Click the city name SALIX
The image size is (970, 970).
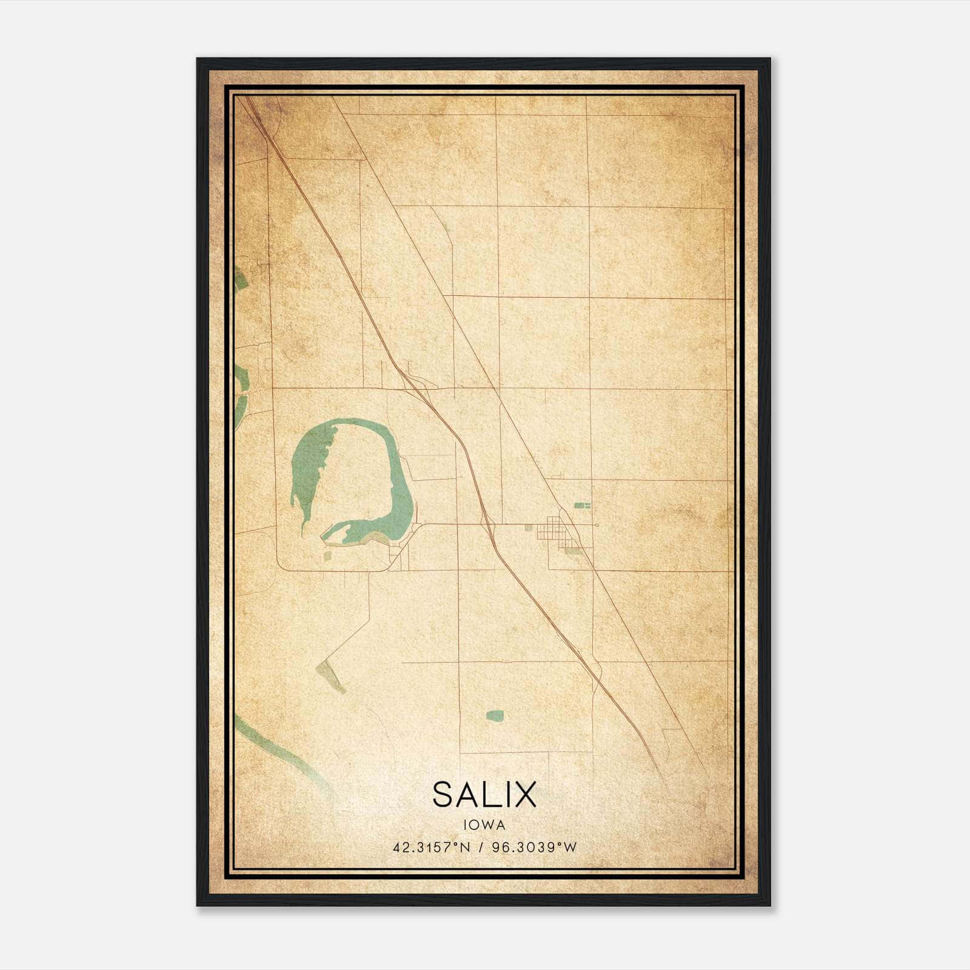coord(484,795)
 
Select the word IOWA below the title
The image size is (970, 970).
coord(484,824)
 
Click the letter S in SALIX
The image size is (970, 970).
coord(443,795)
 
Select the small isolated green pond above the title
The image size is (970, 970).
coord(495,715)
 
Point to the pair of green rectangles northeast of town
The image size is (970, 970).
coord(582,505)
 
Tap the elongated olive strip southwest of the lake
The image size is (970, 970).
coord(330,676)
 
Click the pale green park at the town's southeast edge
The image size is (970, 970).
coord(572,550)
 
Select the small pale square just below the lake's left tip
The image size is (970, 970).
coord(328,554)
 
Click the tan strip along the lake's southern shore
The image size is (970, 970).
coord(370,538)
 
